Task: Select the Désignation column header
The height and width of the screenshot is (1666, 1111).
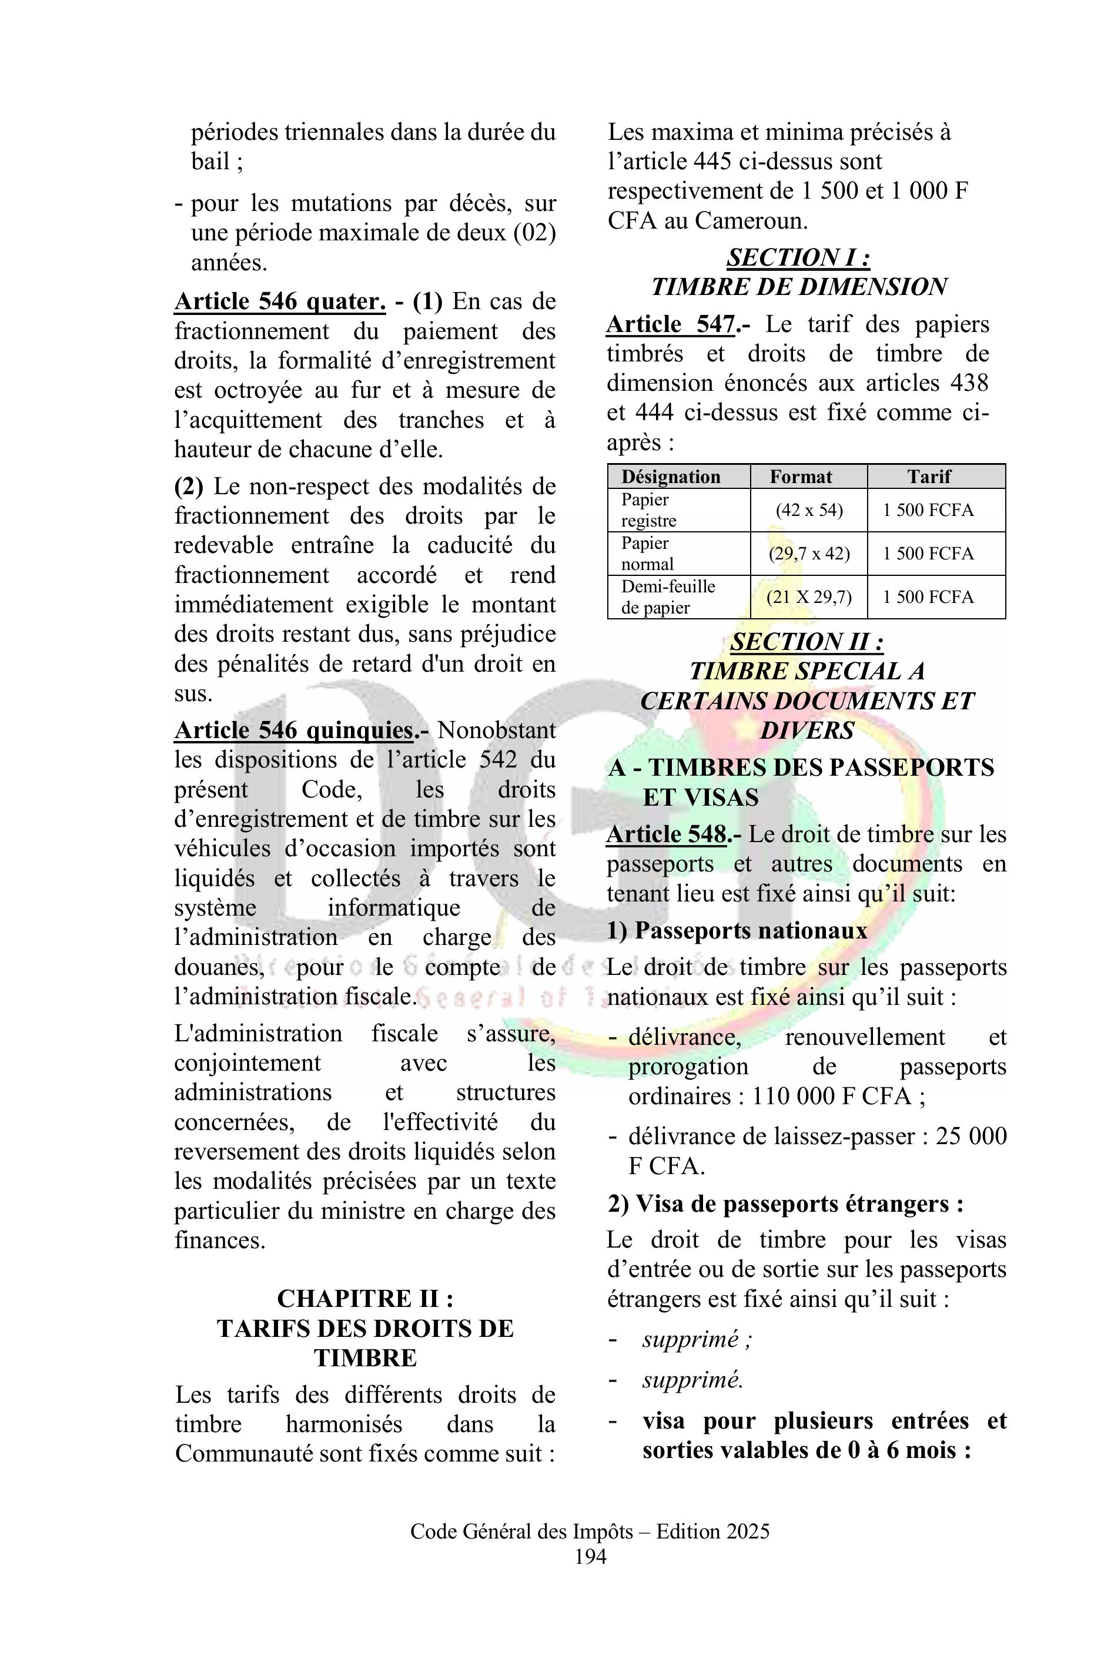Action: (x=670, y=477)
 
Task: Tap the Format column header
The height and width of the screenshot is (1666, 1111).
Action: (x=801, y=477)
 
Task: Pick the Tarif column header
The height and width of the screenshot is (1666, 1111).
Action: (x=929, y=477)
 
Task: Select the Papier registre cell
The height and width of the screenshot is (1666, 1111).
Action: (x=648, y=510)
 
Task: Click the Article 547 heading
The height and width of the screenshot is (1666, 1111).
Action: (x=670, y=324)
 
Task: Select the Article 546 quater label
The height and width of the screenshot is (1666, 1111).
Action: (x=280, y=301)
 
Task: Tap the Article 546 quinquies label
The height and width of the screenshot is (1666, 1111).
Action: (x=294, y=730)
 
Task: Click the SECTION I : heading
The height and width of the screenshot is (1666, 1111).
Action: (x=798, y=257)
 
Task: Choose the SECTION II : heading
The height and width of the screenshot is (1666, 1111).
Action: (x=807, y=642)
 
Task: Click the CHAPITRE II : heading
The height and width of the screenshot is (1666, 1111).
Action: (x=365, y=1298)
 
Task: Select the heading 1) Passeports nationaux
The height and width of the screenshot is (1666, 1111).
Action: (x=737, y=930)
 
